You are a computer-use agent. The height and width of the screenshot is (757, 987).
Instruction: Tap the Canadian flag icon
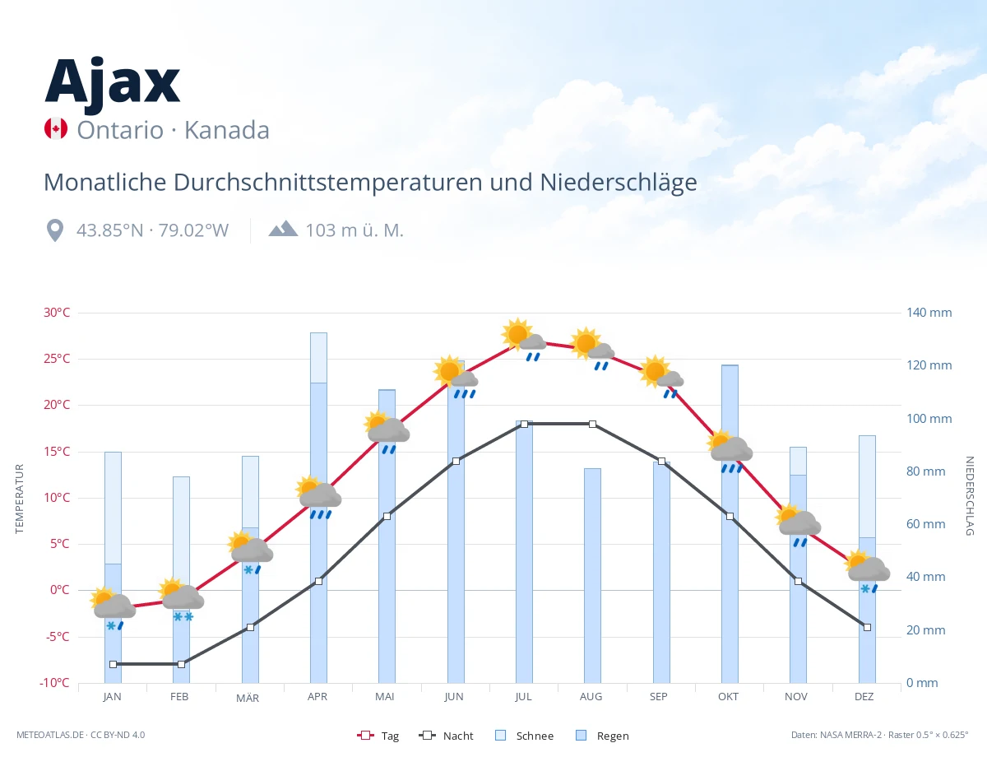(56, 128)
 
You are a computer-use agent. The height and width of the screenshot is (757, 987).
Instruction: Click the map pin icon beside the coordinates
(55, 230)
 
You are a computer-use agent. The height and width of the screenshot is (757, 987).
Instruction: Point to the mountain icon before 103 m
(283, 228)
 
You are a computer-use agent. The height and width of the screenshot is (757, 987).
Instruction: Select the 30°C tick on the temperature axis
(57, 313)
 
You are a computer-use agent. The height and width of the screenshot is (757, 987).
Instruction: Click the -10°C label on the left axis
(54, 683)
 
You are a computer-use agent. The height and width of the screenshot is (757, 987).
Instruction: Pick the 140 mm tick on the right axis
(929, 313)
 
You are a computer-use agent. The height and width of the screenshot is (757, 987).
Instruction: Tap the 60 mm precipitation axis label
(925, 524)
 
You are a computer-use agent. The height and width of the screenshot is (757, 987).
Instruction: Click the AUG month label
(591, 697)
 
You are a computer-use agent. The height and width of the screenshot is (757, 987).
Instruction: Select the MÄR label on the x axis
(248, 698)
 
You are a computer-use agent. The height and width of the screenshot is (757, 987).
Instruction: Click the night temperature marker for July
(524, 424)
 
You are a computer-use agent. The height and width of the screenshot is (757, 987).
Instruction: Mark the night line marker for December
(867, 628)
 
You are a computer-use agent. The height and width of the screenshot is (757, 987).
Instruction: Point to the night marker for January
(114, 664)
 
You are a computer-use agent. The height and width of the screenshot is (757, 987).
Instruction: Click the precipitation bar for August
(592, 576)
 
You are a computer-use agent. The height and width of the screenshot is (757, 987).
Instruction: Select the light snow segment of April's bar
(318, 358)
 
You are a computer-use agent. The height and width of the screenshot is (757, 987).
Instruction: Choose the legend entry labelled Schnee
(524, 736)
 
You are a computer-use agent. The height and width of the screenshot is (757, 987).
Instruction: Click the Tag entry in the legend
(378, 736)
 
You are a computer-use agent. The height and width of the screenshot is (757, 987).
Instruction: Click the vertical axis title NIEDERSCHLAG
(969, 495)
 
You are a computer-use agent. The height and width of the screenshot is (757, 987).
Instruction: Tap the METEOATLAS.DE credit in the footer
(50, 735)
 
